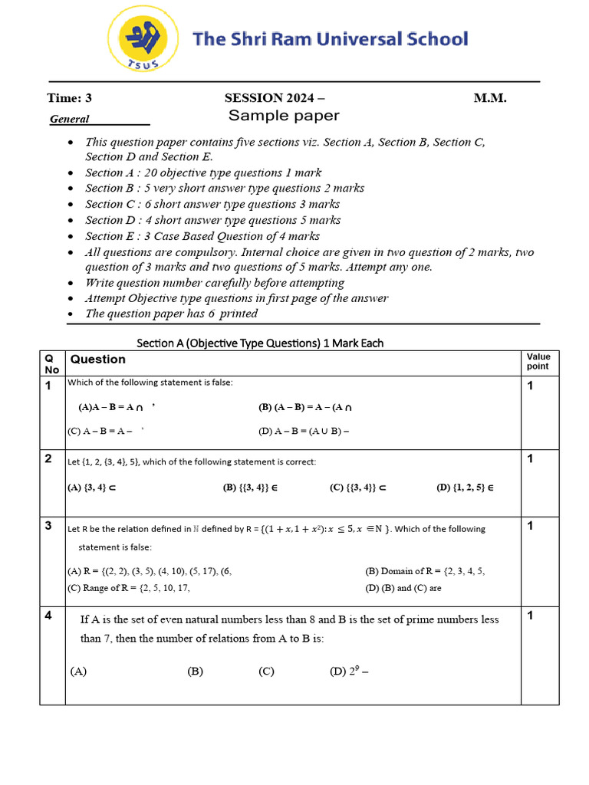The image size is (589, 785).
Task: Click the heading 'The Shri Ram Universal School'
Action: coord(330,39)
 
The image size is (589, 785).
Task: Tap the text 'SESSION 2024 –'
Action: coord(274,98)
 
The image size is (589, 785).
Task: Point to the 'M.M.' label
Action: coord(490,98)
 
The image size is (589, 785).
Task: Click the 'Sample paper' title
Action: coord(284,116)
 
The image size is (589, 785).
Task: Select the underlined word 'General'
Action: coord(70,119)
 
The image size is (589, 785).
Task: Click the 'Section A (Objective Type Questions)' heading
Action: coord(260,343)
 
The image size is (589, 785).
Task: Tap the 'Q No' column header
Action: coord(51,363)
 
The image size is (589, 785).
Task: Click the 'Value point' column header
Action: coord(538,361)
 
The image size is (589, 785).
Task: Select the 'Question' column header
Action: coord(98,360)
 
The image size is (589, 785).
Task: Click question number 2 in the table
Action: coord(48,459)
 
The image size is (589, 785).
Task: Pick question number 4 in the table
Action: coord(48,616)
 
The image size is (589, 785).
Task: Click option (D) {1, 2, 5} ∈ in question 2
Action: coord(465,487)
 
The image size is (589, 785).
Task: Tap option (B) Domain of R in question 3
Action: coord(424,571)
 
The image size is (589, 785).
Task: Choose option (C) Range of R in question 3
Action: coord(128,588)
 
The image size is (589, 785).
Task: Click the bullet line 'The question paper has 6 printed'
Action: coord(171,314)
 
